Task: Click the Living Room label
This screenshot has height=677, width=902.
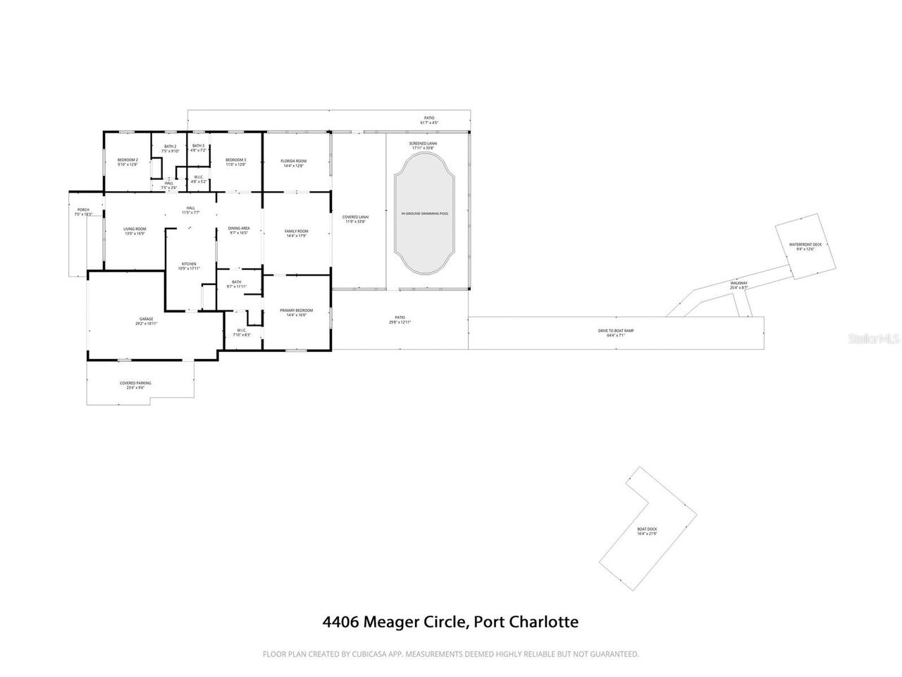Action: click(x=135, y=231)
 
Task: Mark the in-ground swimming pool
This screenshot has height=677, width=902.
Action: click(x=424, y=213)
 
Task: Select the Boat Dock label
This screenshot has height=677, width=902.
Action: click(x=647, y=531)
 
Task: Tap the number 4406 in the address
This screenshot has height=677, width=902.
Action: click(x=341, y=622)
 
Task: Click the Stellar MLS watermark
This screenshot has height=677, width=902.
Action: click(x=874, y=339)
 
